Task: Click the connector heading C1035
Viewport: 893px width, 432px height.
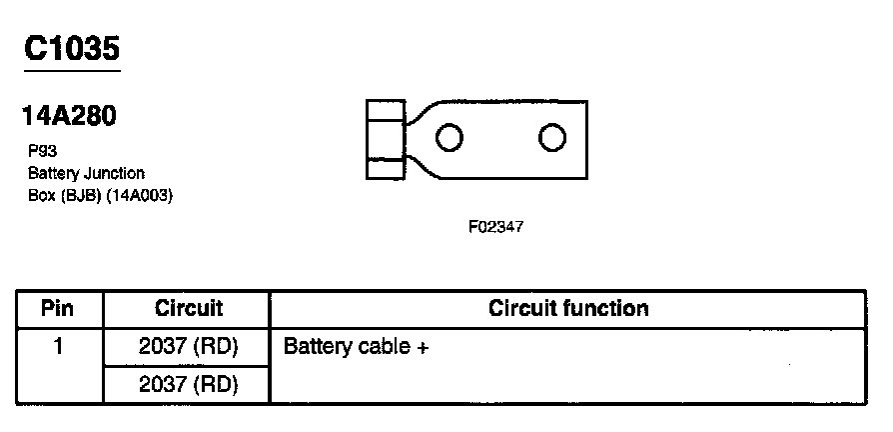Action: (x=72, y=47)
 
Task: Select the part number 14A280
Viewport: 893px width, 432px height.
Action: (x=68, y=117)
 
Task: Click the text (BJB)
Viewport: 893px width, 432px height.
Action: (x=79, y=195)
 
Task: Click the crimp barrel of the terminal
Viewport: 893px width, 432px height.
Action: (x=385, y=138)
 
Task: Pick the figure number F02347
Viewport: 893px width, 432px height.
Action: (x=494, y=227)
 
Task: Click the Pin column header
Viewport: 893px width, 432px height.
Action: (x=58, y=308)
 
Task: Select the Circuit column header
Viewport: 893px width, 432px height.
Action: (x=188, y=308)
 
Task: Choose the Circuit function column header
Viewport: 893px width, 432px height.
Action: (x=567, y=308)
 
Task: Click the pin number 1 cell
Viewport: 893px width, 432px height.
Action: (x=58, y=347)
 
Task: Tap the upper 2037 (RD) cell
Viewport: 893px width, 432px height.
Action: (x=188, y=347)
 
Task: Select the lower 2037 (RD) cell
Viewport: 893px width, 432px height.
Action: (x=188, y=385)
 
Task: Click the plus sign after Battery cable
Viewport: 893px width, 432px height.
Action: (x=423, y=348)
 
